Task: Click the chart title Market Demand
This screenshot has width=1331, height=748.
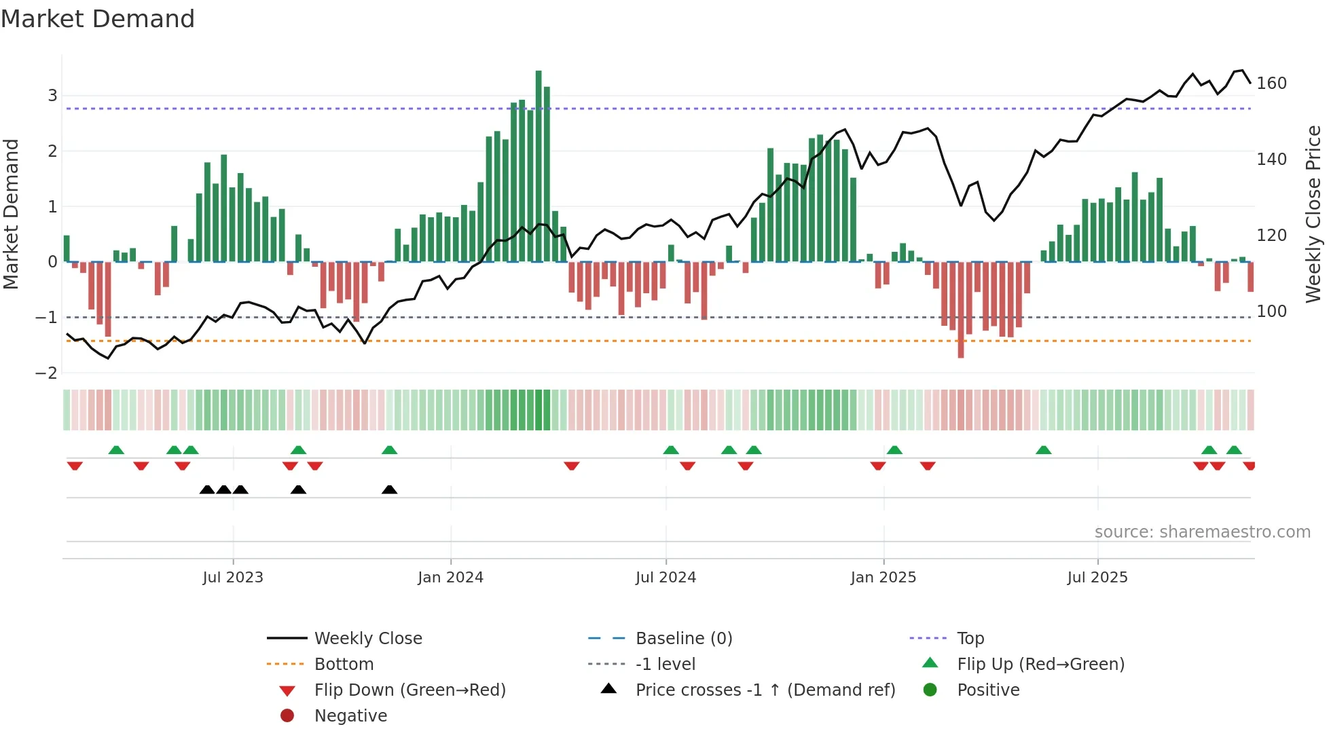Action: tap(98, 19)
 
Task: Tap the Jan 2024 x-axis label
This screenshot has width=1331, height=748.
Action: tap(450, 578)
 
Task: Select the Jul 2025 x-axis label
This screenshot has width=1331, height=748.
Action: tap(1097, 578)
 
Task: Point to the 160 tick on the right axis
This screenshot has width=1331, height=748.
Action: tap(1271, 83)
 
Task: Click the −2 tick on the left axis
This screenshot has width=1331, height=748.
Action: tap(47, 373)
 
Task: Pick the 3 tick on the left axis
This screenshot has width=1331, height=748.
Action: tap(52, 96)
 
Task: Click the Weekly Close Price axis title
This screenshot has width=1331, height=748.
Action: tap(1313, 214)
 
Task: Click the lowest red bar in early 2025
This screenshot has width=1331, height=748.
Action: tap(960, 310)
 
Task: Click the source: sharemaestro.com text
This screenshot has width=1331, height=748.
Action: tap(1202, 532)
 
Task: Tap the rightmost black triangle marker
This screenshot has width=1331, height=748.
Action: tap(389, 490)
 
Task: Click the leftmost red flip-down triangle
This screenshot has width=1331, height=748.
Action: tap(75, 466)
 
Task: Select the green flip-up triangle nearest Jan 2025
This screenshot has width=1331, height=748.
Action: tap(894, 450)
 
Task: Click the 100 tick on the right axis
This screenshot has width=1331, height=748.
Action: tap(1271, 312)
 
